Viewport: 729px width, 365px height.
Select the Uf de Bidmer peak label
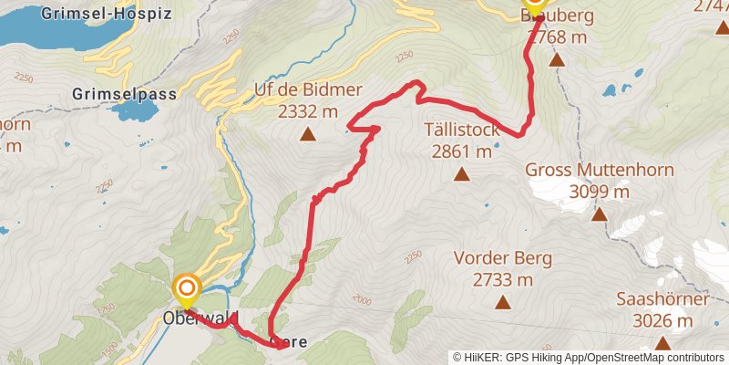click(x=309, y=90)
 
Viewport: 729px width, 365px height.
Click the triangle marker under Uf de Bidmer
click(x=308, y=135)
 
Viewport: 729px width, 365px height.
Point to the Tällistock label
click(x=462, y=130)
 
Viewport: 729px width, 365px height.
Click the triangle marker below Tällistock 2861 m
click(x=462, y=174)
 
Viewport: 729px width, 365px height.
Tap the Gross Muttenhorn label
click(x=600, y=170)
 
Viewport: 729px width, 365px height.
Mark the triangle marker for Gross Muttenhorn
click(x=600, y=214)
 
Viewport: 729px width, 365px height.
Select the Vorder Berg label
click(x=503, y=258)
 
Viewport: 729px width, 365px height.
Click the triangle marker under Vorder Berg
click(x=502, y=302)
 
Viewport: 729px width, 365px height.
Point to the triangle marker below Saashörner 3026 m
click(x=662, y=343)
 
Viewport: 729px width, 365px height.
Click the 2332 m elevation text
click(x=309, y=111)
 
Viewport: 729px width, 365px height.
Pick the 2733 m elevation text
click(x=503, y=279)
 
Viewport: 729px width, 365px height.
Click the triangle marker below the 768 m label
click(x=557, y=60)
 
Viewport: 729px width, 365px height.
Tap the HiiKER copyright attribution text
click(x=588, y=358)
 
